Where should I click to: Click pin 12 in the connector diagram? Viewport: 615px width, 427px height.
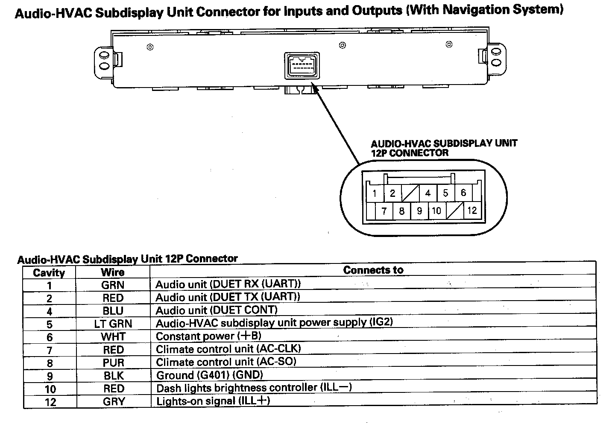(472, 211)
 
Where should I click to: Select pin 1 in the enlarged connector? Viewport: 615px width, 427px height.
(375, 193)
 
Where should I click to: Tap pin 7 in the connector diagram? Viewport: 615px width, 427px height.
(384, 211)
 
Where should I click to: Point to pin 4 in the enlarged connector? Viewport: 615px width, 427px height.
(428, 193)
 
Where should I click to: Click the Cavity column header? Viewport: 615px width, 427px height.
(49, 273)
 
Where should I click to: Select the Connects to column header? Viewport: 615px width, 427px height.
(373, 270)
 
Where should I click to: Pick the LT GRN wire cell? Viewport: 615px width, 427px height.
(113, 324)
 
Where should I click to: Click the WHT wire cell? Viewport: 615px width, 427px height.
(113, 336)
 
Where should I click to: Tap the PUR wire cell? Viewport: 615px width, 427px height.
(113, 363)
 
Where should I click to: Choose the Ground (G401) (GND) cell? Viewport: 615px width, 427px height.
(209, 375)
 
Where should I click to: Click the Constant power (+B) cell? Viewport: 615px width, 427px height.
(208, 336)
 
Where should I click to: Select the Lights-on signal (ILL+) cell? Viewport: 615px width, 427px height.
(213, 401)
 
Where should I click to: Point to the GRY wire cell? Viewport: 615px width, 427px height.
(114, 401)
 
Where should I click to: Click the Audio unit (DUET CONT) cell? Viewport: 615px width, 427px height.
(217, 310)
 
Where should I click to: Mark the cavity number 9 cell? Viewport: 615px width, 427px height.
(50, 376)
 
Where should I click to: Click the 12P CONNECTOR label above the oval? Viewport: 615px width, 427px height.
(410, 153)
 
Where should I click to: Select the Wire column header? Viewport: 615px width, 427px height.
(113, 272)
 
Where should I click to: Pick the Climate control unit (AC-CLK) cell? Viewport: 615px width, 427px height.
(228, 349)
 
